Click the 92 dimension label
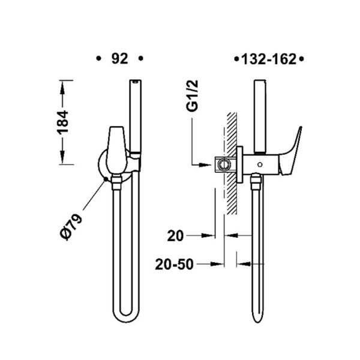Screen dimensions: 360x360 (x=119, y=59)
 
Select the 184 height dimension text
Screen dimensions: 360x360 (x=63, y=122)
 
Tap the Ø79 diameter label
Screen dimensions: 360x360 (x=71, y=227)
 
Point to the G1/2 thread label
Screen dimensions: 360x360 (x=192, y=96)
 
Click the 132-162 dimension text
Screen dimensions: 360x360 (x=269, y=59)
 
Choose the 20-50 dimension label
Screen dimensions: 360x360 (x=175, y=264)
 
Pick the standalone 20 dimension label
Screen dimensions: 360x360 (x=175, y=236)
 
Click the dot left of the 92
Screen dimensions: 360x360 (x=99, y=59)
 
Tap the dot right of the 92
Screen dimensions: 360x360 (x=141, y=59)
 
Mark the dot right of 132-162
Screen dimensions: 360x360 (x=302, y=59)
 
